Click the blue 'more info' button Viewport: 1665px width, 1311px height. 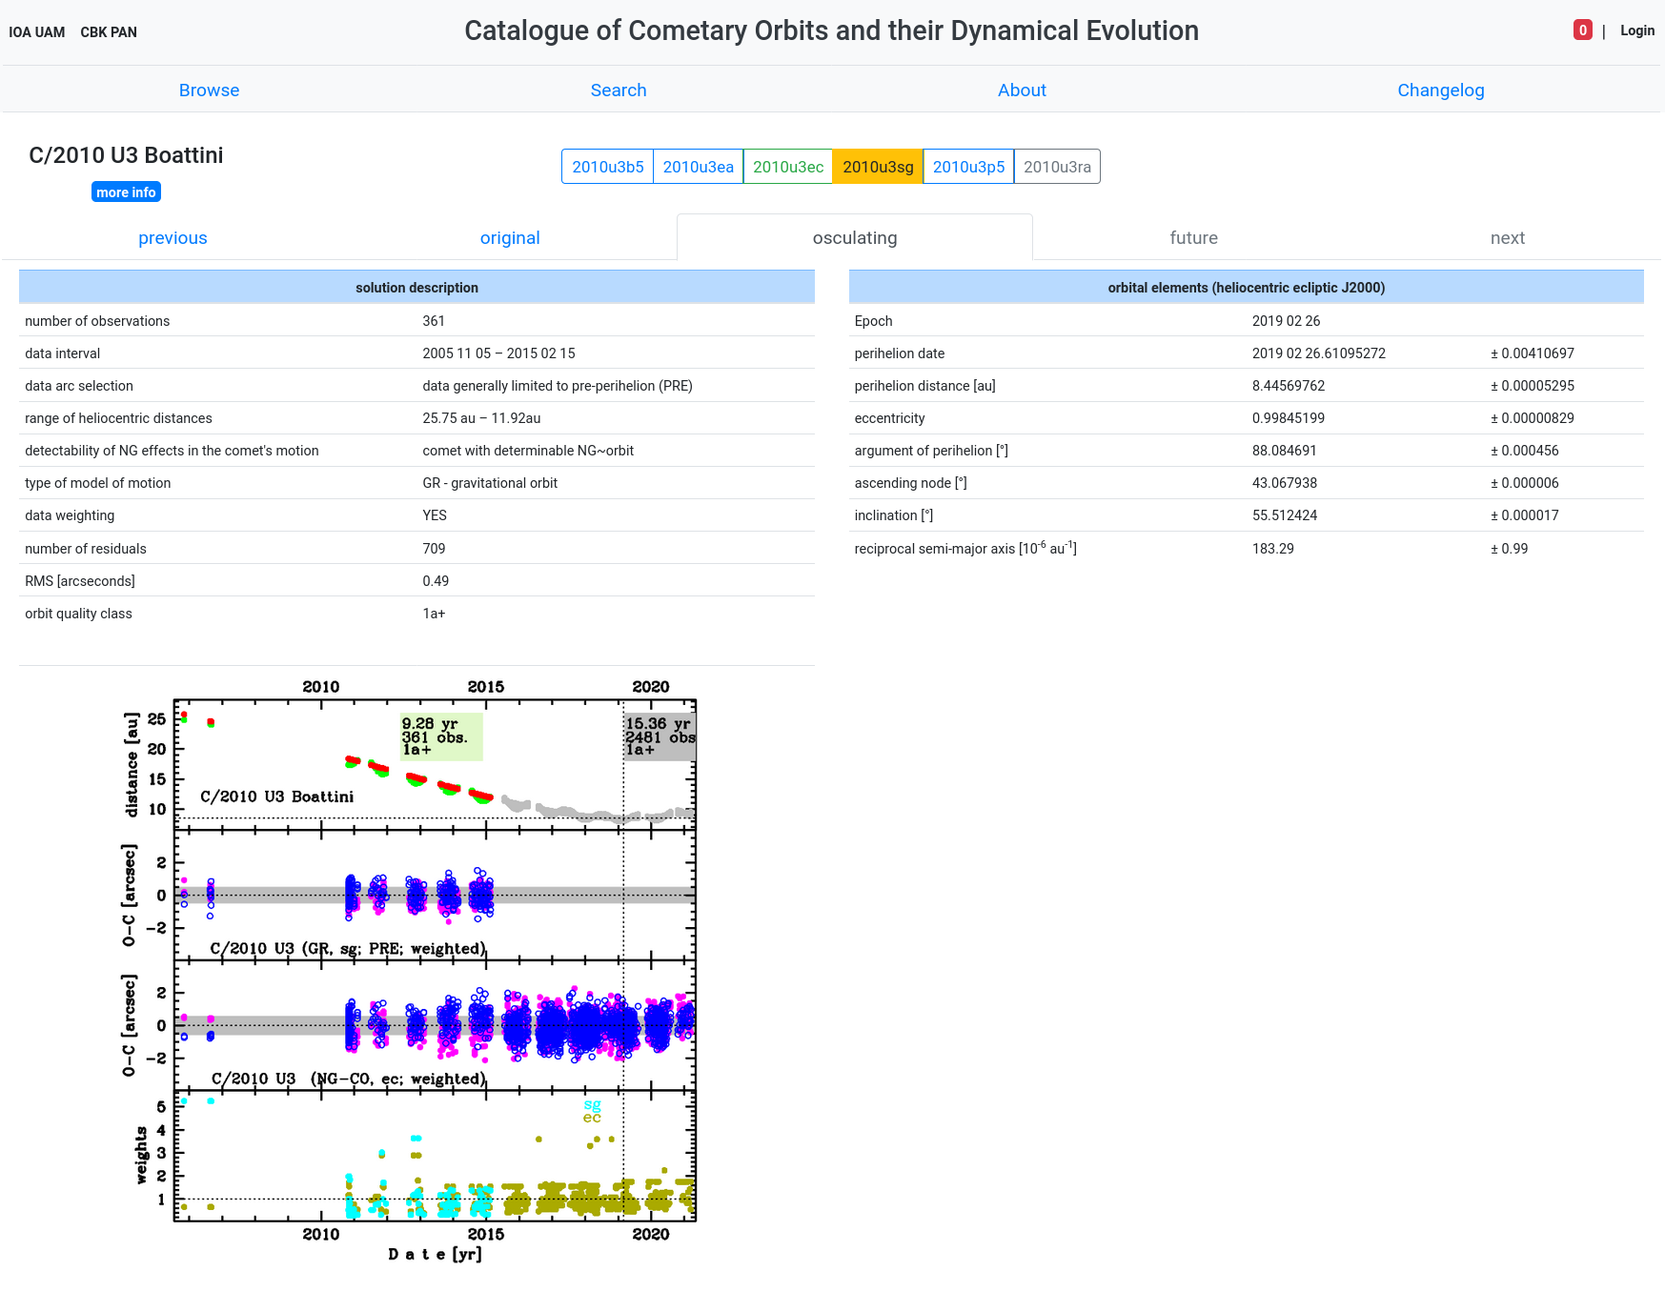coord(126,192)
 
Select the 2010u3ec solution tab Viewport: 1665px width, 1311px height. coord(788,167)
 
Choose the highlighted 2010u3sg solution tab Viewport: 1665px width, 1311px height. coord(878,167)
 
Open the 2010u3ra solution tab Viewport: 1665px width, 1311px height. coord(1057,167)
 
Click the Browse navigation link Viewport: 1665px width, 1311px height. coord(209,91)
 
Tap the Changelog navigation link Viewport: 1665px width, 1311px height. coord(1440,91)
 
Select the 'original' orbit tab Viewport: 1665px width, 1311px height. coord(510,238)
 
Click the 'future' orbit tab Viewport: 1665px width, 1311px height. coord(1193,238)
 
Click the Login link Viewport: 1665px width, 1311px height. coord(1636,30)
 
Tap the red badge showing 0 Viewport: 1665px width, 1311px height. coord(1582,30)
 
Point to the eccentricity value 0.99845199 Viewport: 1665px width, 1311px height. coord(1289,418)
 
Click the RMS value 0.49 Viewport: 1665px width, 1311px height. coord(436,581)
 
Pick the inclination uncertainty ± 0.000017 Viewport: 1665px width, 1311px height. coord(1525,515)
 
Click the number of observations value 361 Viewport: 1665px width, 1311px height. coord(434,321)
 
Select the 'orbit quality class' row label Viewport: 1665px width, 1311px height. coord(79,614)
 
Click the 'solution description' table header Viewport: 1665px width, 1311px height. coord(416,288)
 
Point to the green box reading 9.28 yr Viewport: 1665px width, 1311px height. coord(441,736)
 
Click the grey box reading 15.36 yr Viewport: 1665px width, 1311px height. coord(660,736)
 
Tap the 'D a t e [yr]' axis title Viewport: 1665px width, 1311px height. coord(435,1254)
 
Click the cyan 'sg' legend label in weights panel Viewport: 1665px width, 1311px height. coord(593,1105)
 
